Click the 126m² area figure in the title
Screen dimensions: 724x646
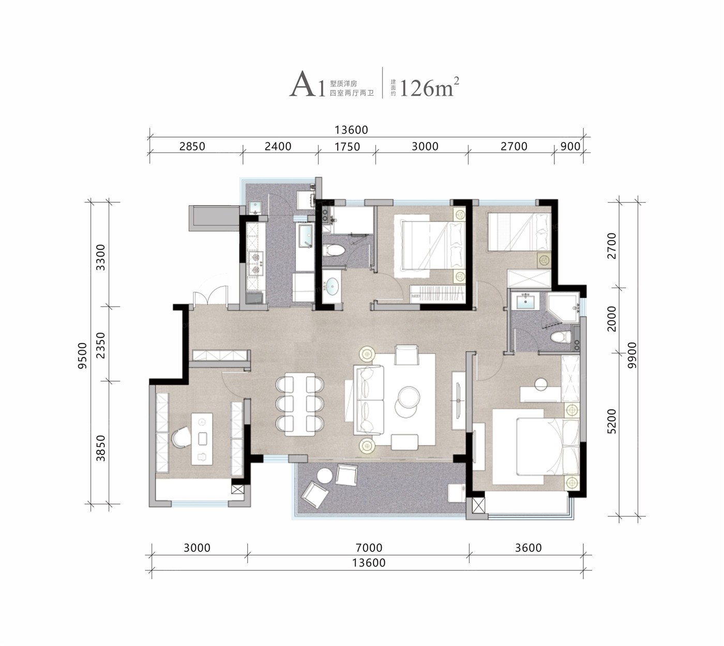pyautogui.click(x=429, y=87)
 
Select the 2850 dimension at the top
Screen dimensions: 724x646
pyautogui.click(x=192, y=146)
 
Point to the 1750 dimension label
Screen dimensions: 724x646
pyautogui.click(x=347, y=146)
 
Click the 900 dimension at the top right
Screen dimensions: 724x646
pyautogui.click(x=570, y=146)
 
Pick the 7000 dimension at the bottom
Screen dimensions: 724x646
pyautogui.click(x=369, y=548)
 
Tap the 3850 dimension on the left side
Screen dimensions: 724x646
pyautogui.click(x=101, y=448)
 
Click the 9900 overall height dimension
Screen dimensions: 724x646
pyautogui.click(x=632, y=355)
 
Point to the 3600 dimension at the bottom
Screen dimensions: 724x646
pyautogui.click(x=528, y=548)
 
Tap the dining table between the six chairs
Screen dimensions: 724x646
pyautogui.click(x=300, y=404)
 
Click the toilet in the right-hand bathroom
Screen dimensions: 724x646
pyautogui.click(x=561, y=337)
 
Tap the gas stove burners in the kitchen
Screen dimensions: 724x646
pyautogui.click(x=255, y=263)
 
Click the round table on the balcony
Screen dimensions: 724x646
pyautogui.click(x=325, y=476)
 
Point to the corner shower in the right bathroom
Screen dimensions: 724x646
pyautogui.click(x=563, y=308)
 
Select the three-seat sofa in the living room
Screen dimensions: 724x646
pyautogui.click(x=368, y=400)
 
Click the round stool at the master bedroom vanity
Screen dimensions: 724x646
pyautogui.click(x=541, y=385)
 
